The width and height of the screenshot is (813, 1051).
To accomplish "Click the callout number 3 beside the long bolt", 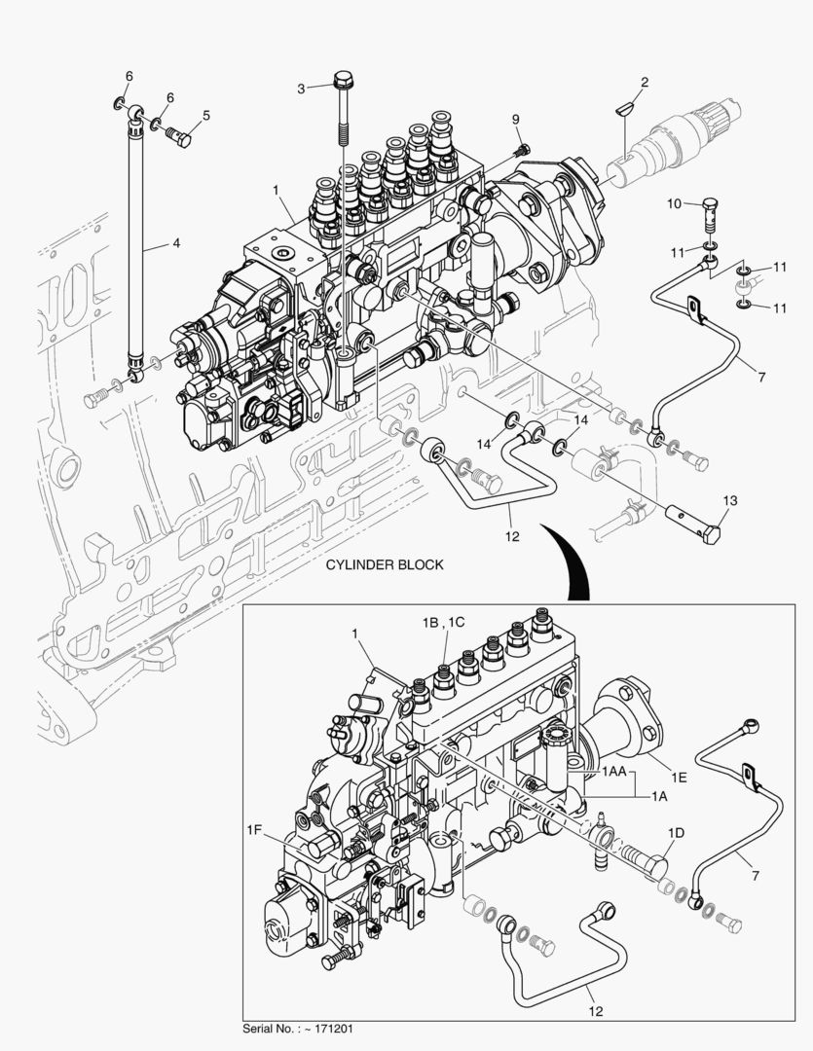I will (302, 89).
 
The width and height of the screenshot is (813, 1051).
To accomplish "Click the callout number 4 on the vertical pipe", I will (175, 244).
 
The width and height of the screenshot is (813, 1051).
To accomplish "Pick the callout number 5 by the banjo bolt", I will (205, 115).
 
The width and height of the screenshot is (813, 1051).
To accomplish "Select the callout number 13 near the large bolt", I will (729, 500).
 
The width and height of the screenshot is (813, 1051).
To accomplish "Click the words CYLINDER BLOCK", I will (385, 564).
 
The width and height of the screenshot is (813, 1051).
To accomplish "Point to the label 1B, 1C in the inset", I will (444, 622).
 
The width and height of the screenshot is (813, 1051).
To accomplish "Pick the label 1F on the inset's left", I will (254, 829).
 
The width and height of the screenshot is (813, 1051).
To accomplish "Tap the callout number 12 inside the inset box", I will (596, 1011).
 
